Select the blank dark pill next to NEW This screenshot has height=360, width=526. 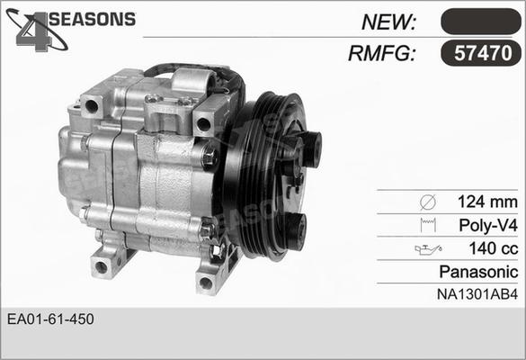point(480,22)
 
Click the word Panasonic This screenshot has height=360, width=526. point(479,271)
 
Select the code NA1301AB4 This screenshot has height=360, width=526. point(478,292)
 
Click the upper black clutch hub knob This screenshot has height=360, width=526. point(308,148)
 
